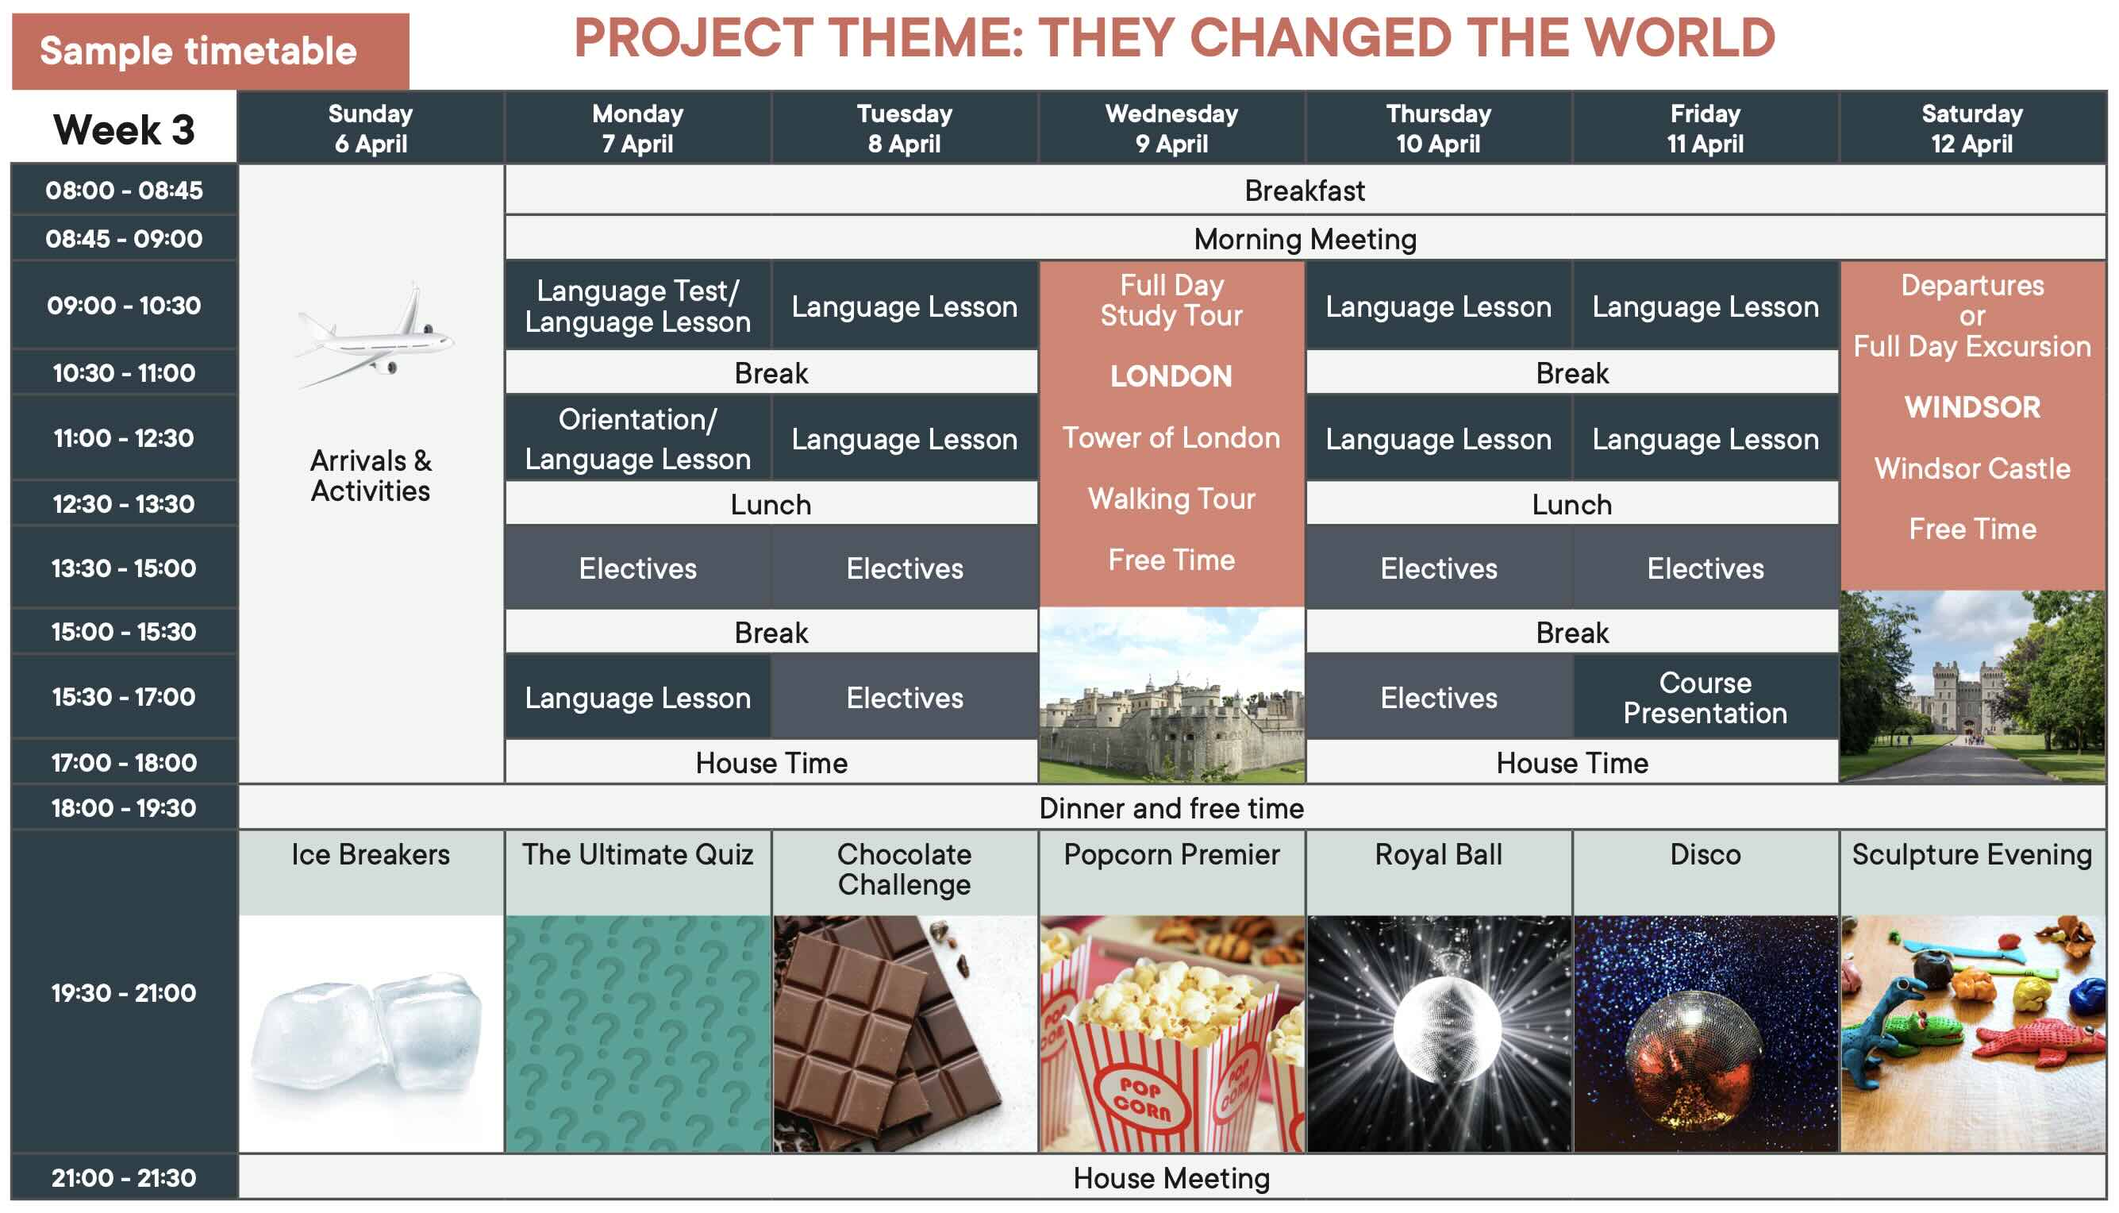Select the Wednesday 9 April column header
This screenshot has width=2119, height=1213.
tap(1171, 128)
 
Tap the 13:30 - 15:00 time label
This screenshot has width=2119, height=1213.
tap(124, 568)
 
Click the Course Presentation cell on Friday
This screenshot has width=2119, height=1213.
tap(1706, 697)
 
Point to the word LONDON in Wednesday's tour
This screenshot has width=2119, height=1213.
tap(1171, 375)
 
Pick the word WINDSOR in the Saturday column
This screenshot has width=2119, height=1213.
tap(1971, 406)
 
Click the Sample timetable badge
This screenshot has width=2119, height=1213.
tap(210, 51)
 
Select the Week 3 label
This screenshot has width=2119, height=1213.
tap(124, 129)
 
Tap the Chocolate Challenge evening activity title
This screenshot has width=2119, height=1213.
tap(904, 869)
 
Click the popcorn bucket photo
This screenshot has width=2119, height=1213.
tap(1171, 1034)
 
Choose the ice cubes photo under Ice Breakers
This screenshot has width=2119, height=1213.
tap(371, 1034)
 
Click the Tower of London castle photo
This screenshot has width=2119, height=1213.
tap(1171, 695)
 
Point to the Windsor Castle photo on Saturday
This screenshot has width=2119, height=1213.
tap(1971, 687)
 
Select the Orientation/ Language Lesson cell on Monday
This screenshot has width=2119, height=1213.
tap(638, 438)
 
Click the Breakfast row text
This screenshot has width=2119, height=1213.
tap(1305, 191)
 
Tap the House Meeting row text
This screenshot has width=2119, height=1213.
tap(1171, 1178)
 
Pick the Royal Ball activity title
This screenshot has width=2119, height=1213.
tap(1438, 854)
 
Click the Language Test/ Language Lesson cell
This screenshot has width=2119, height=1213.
tap(638, 306)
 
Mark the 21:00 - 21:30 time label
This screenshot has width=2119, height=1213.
tap(124, 1177)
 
